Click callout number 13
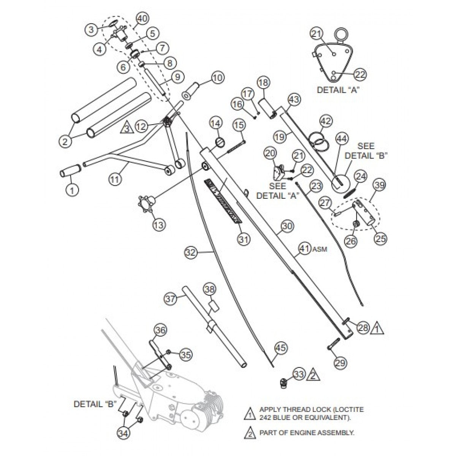pos(159,224)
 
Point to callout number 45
pos(281,347)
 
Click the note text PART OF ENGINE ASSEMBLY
pos(307,433)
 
